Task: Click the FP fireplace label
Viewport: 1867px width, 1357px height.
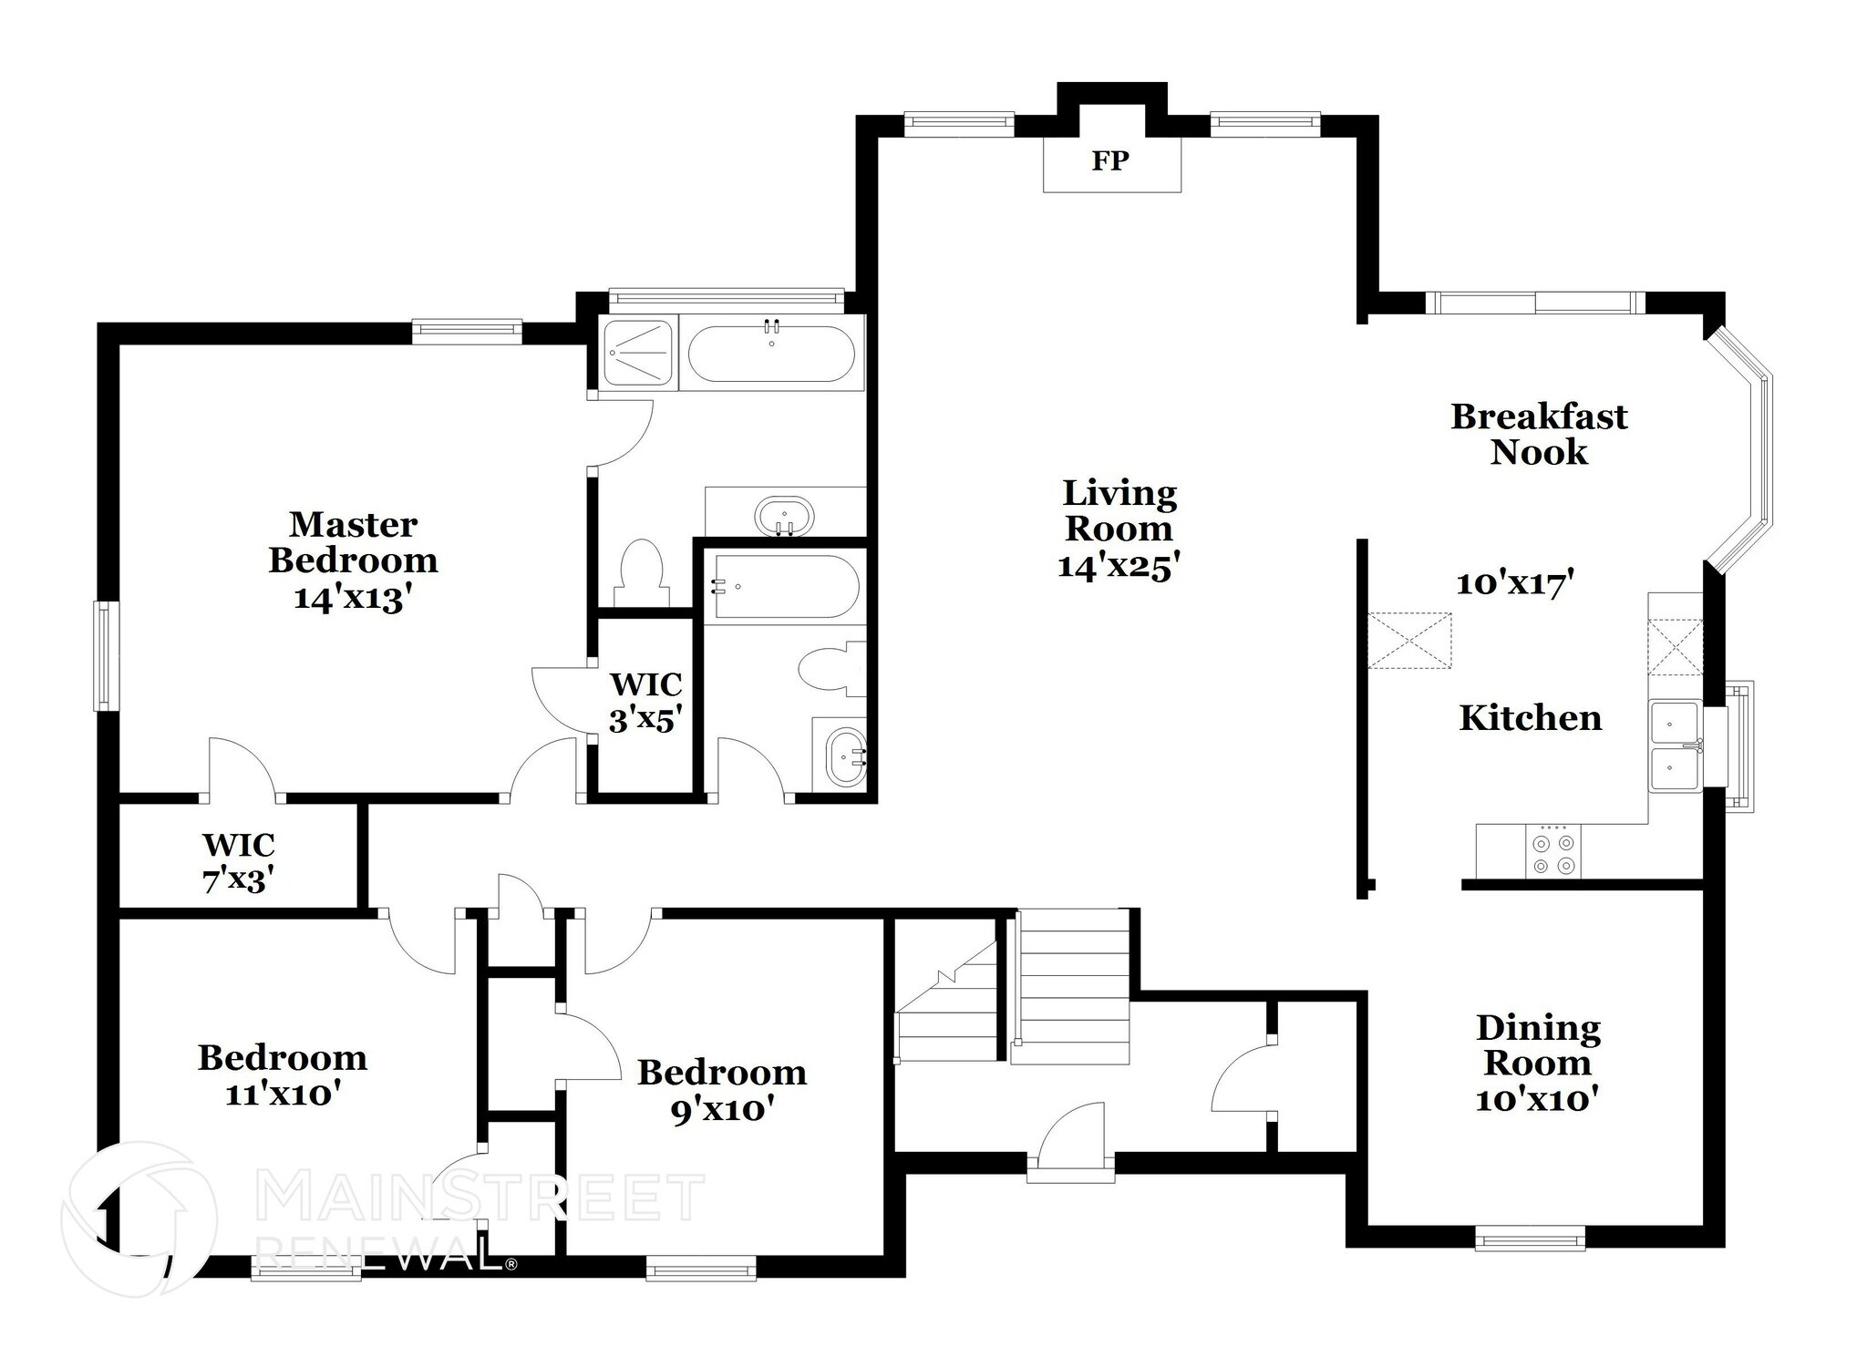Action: click(x=1110, y=161)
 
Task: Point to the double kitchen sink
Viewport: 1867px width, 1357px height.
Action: click(x=1675, y=745)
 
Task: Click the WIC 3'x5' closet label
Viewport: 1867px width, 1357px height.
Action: click(x=645, y=702)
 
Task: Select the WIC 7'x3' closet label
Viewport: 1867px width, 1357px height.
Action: click(x=239, y=862)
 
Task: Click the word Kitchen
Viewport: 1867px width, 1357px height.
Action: click(x=1530, y=718)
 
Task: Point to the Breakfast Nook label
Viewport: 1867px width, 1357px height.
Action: click(x=1539, y=434)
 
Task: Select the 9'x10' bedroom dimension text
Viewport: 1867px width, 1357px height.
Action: click(x=723, y=1110)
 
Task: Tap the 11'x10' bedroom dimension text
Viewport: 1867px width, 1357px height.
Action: click(x=283, y=1093)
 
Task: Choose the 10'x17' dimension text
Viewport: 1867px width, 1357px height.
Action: click(x=1515, y=583)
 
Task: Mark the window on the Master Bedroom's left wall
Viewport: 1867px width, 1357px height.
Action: click(x=107, y=655)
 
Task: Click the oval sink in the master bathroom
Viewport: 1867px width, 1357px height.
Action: click(x=784, y=517)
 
